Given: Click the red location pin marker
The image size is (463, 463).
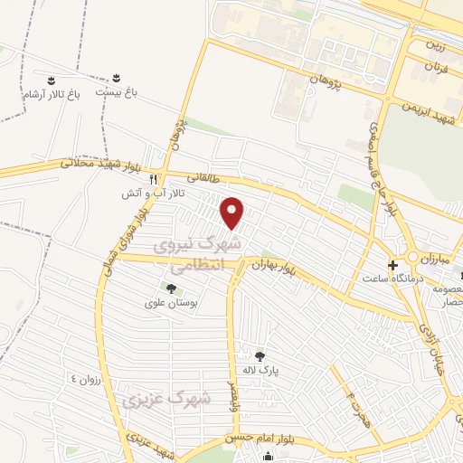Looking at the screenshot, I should pyautogui.click(x=233, y=213).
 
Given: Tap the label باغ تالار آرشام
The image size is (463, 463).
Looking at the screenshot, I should pyautogui.click(x=51, y=94).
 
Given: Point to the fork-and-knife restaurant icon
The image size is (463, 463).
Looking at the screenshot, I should pyautogui.click(x=154, y=179).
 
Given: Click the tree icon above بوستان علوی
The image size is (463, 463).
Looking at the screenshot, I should pyautogui.click(x=170, y=288).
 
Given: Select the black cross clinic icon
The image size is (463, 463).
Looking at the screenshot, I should pyautogui.click(x=392, y=265).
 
